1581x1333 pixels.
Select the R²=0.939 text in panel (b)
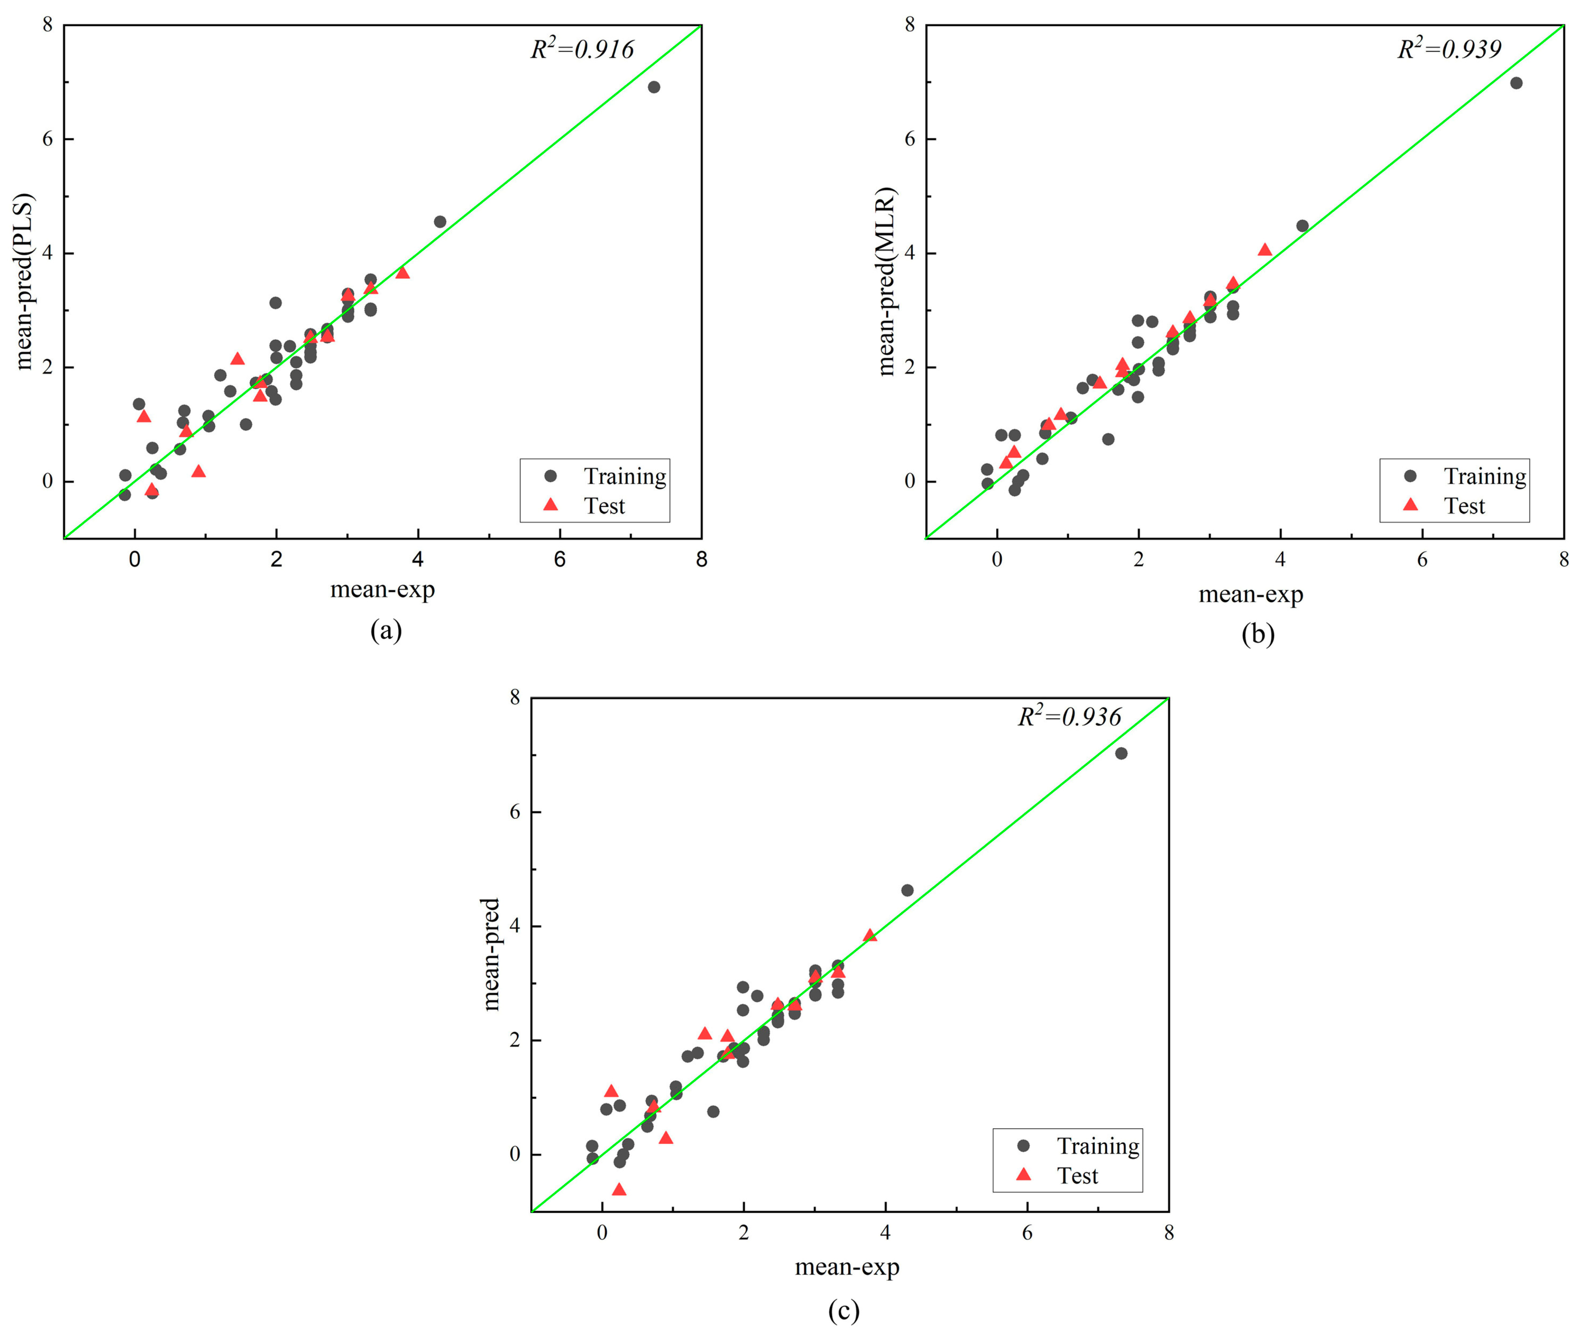1449,49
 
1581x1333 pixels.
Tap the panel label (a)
386,629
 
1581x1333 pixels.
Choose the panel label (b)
1258,633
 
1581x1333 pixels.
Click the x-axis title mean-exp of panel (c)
847,1267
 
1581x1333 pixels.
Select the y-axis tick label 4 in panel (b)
909,253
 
